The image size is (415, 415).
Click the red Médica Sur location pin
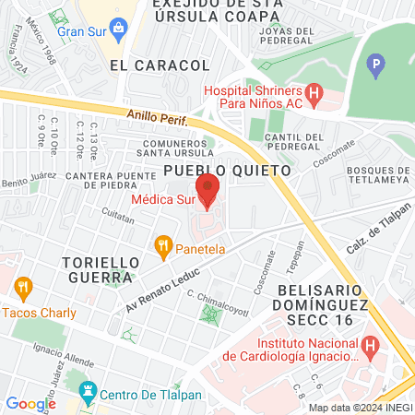pyautogui.click(x=207, y=189)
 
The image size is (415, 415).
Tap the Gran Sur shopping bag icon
pyautogui.click(x=121, y=29)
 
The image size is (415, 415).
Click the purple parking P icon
pyautogui.click(x=374, y=65)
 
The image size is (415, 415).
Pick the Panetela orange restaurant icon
pyautogui.click(x=162, y=246)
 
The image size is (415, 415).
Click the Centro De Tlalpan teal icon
pyautogui.click(x=88, y=393)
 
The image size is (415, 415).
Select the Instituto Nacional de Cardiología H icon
pyautogui.click(x=371, y=348)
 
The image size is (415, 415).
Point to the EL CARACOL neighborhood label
pyautogui.click(x=159, y=65)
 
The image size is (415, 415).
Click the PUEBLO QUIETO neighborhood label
pyautogui.click(x=227, y=171)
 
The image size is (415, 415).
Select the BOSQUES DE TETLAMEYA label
pyautogui.click(x=378, y=177)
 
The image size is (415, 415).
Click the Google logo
pyautogui.click(x=30, y=403)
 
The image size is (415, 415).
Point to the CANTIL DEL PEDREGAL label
pyautogui.click(x=293, y=144)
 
